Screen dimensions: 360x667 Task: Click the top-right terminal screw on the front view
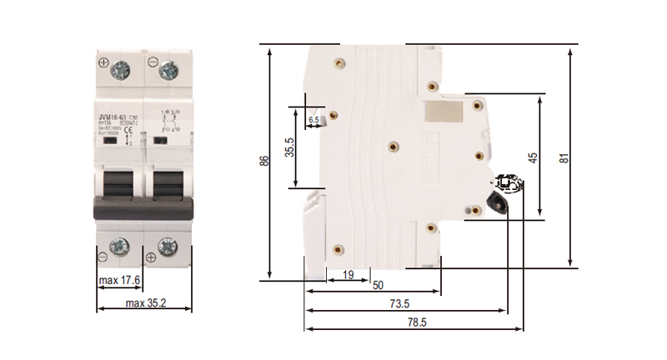[168, 69]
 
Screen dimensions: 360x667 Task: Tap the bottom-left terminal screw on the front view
[120, 247]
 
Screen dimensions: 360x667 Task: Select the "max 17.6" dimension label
[119, 280]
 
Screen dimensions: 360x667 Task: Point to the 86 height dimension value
[264, 162]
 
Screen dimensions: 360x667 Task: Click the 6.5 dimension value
[313, 121]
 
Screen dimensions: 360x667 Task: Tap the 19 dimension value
[348, 274]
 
